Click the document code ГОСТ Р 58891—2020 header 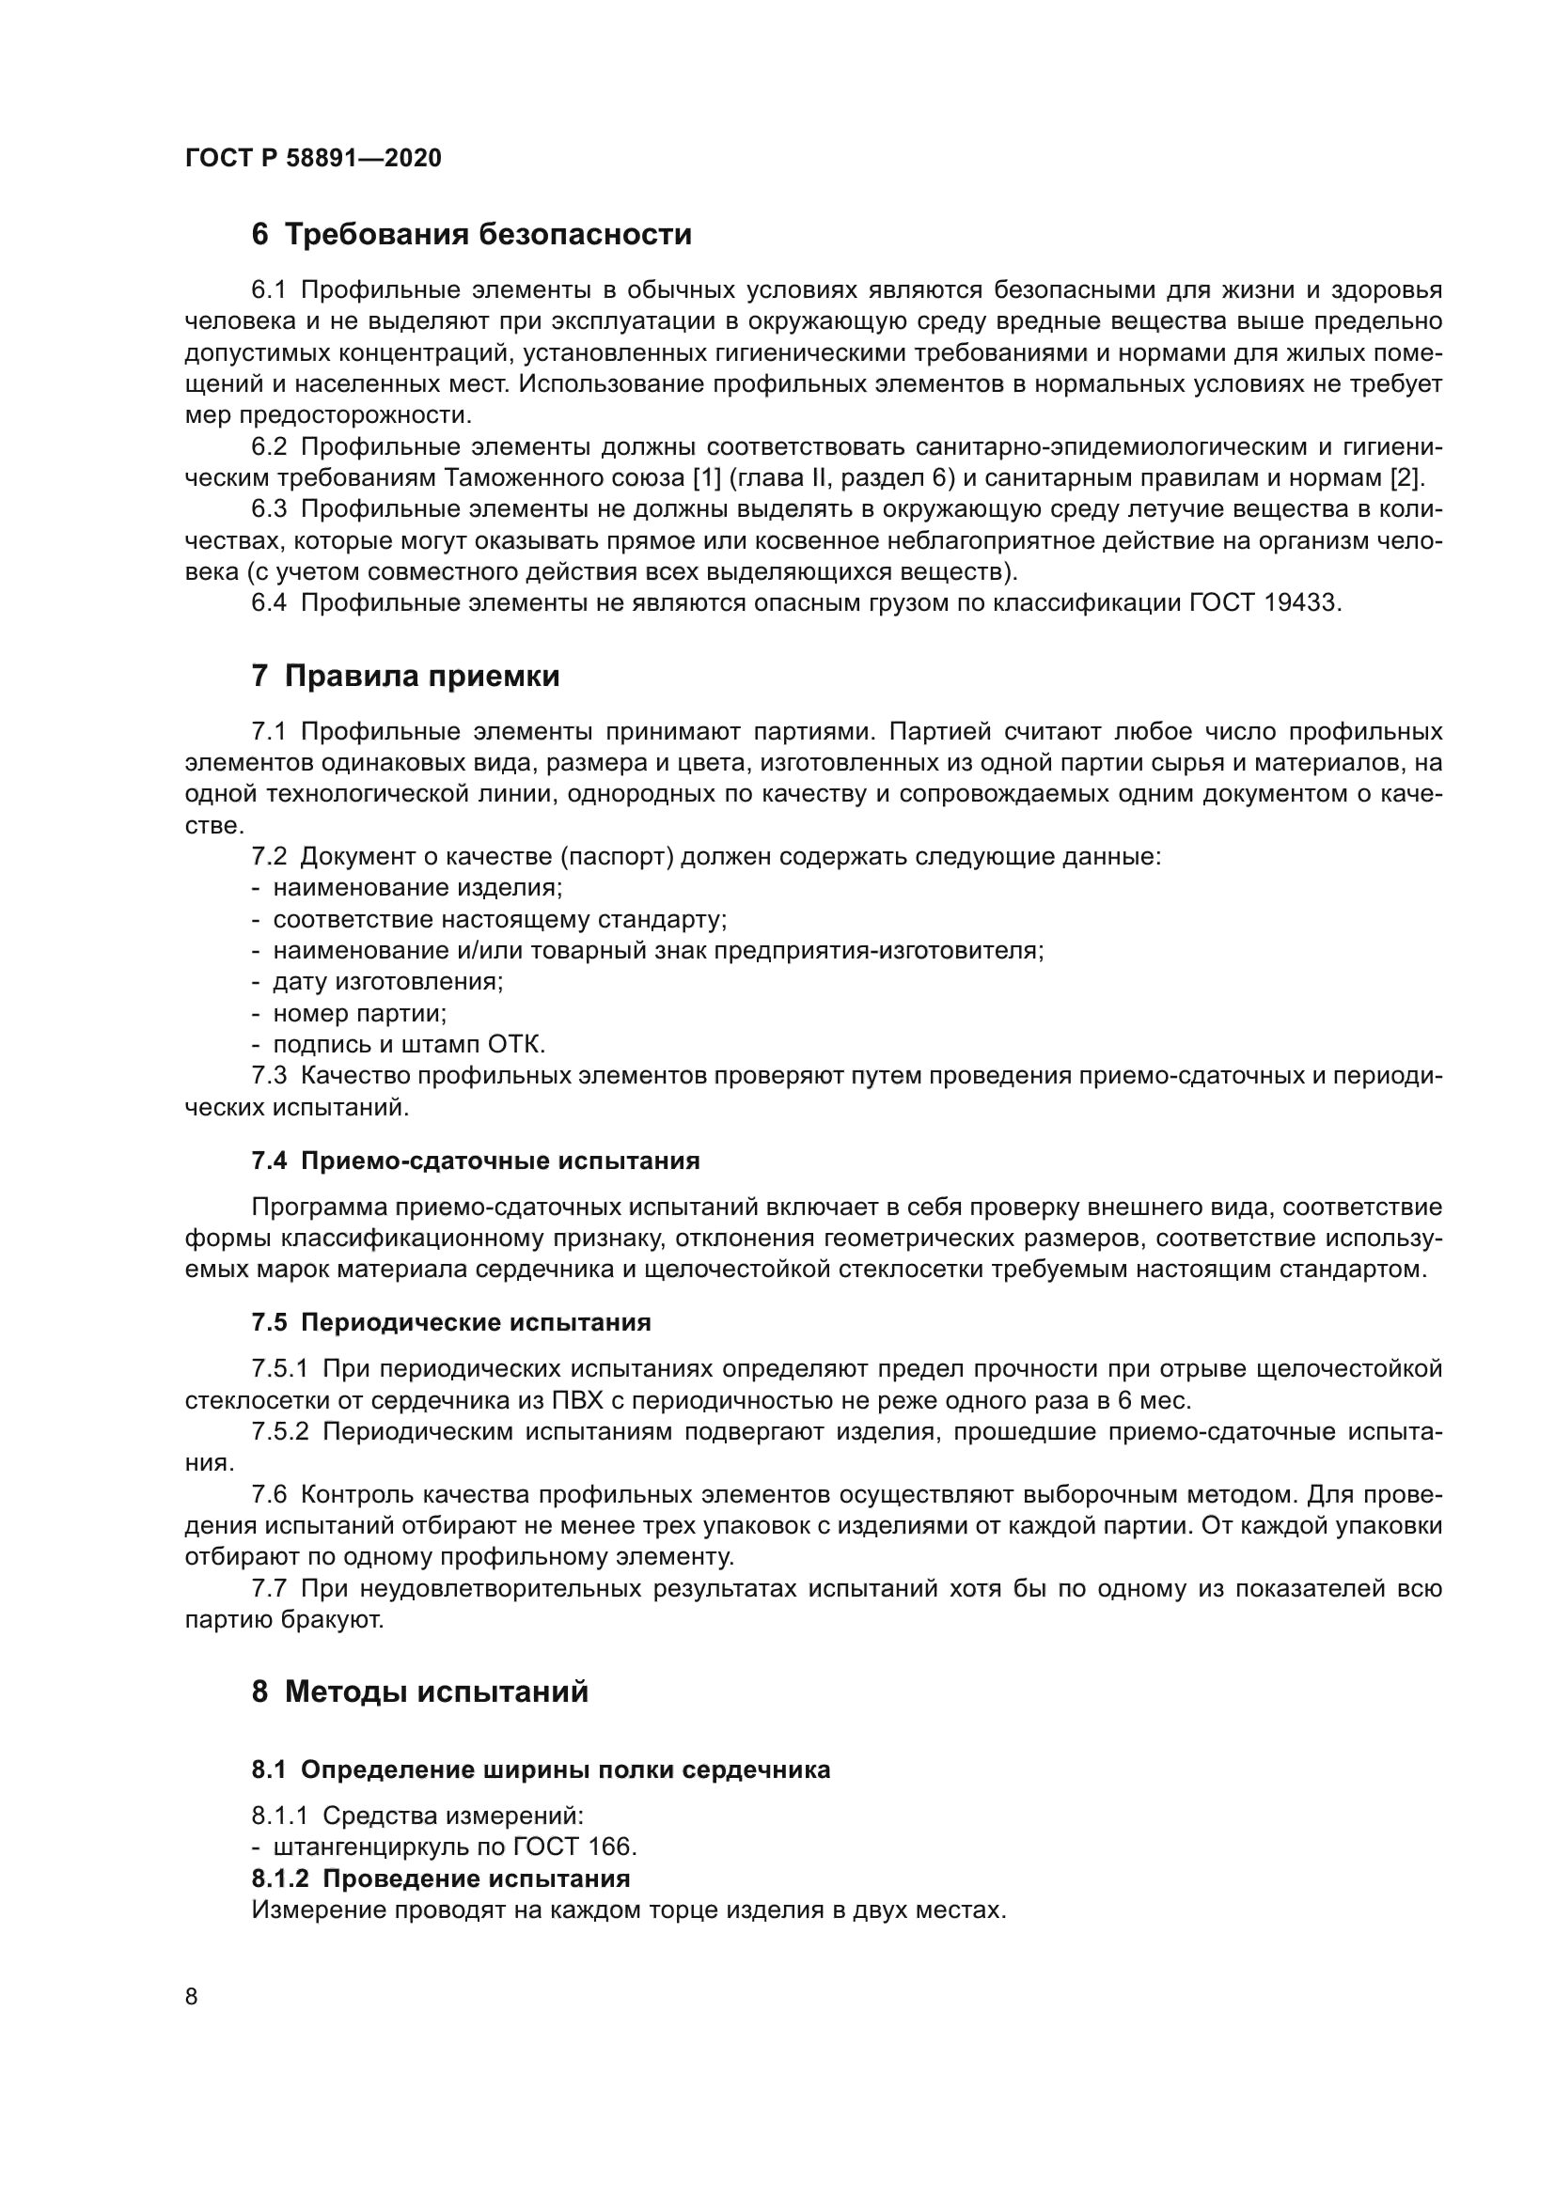point(313,158)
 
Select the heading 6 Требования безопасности point(471,235)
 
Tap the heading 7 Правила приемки point(405,676)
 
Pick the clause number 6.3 point(269,509)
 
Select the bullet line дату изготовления point(387,981)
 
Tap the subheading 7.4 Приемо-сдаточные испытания point(475,1161)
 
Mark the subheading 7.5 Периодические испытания point(451,1323)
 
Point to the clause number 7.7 point(269,1589)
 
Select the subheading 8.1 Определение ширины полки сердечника point(541,1770)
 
